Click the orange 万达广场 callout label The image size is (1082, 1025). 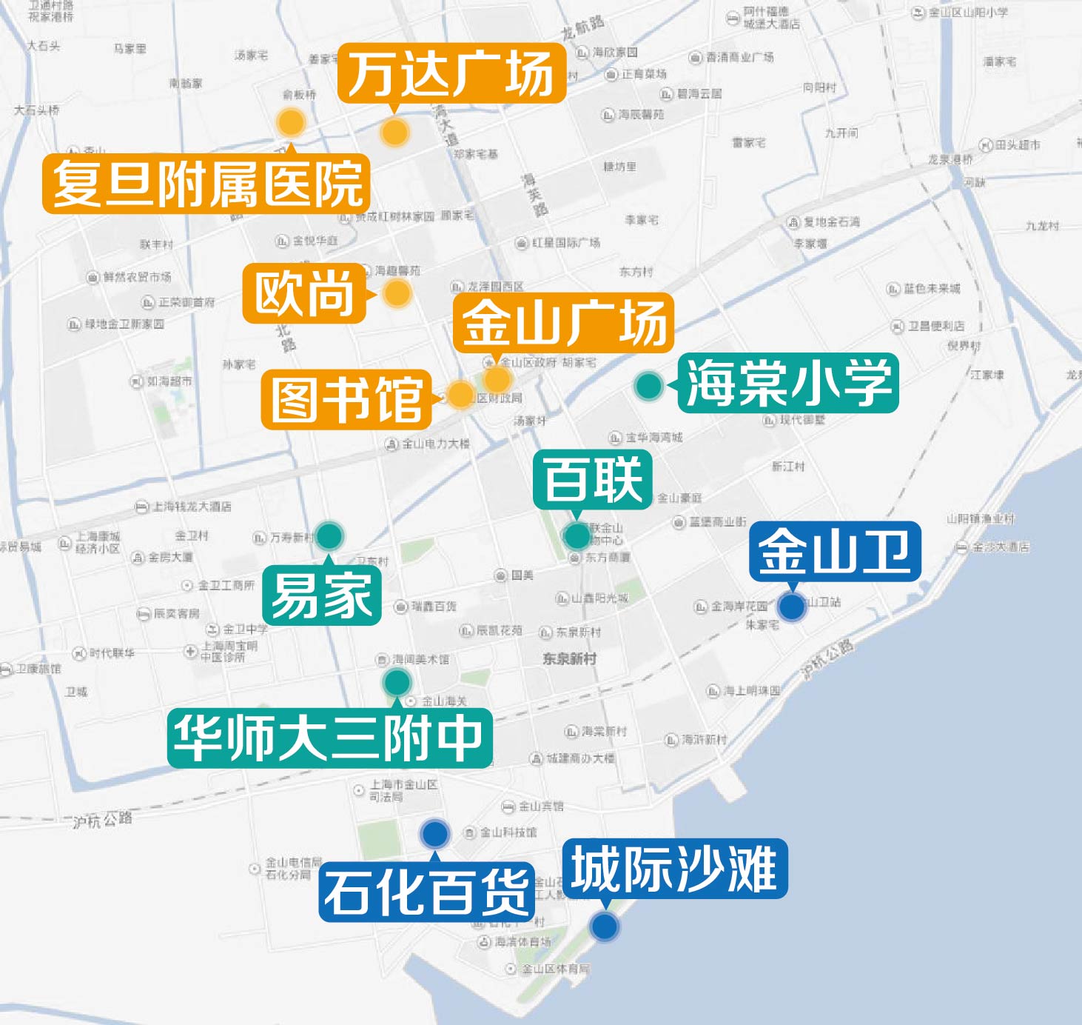[451, 73]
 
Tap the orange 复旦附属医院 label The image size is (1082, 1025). [206, 184]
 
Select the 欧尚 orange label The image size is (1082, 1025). [305, 293]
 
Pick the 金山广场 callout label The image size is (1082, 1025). [563, 322]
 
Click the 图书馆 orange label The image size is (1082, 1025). [346, 400]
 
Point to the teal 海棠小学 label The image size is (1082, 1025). [788, 383]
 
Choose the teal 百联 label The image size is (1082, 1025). [593, 479]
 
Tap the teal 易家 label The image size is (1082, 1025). [322, 595]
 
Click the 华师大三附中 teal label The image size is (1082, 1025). [329, 738]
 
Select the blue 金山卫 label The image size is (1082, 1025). [835, 552]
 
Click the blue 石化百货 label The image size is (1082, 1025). [427, 892]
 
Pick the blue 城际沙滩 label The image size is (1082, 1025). [675, 869]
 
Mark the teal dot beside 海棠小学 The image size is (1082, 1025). [649, 385]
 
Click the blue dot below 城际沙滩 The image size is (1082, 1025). [605, 926]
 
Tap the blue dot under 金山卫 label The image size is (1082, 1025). [792, 607]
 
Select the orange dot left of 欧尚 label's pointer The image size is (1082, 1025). [397, 293]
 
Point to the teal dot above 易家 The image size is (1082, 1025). [329, 535]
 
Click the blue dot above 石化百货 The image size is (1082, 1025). [435, 834]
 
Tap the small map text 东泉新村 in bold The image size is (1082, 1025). [569, 658]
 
